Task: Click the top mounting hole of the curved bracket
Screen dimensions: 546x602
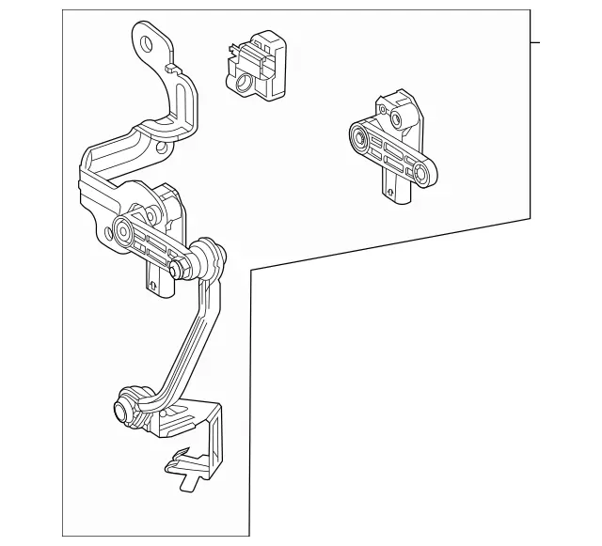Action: point(147,42)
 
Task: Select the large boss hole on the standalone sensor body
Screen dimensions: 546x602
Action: point(396,117)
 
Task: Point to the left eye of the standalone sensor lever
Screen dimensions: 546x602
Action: point(358,140)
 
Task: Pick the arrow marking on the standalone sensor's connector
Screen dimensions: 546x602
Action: point(389,194)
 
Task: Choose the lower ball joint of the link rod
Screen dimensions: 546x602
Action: point(123,409)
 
